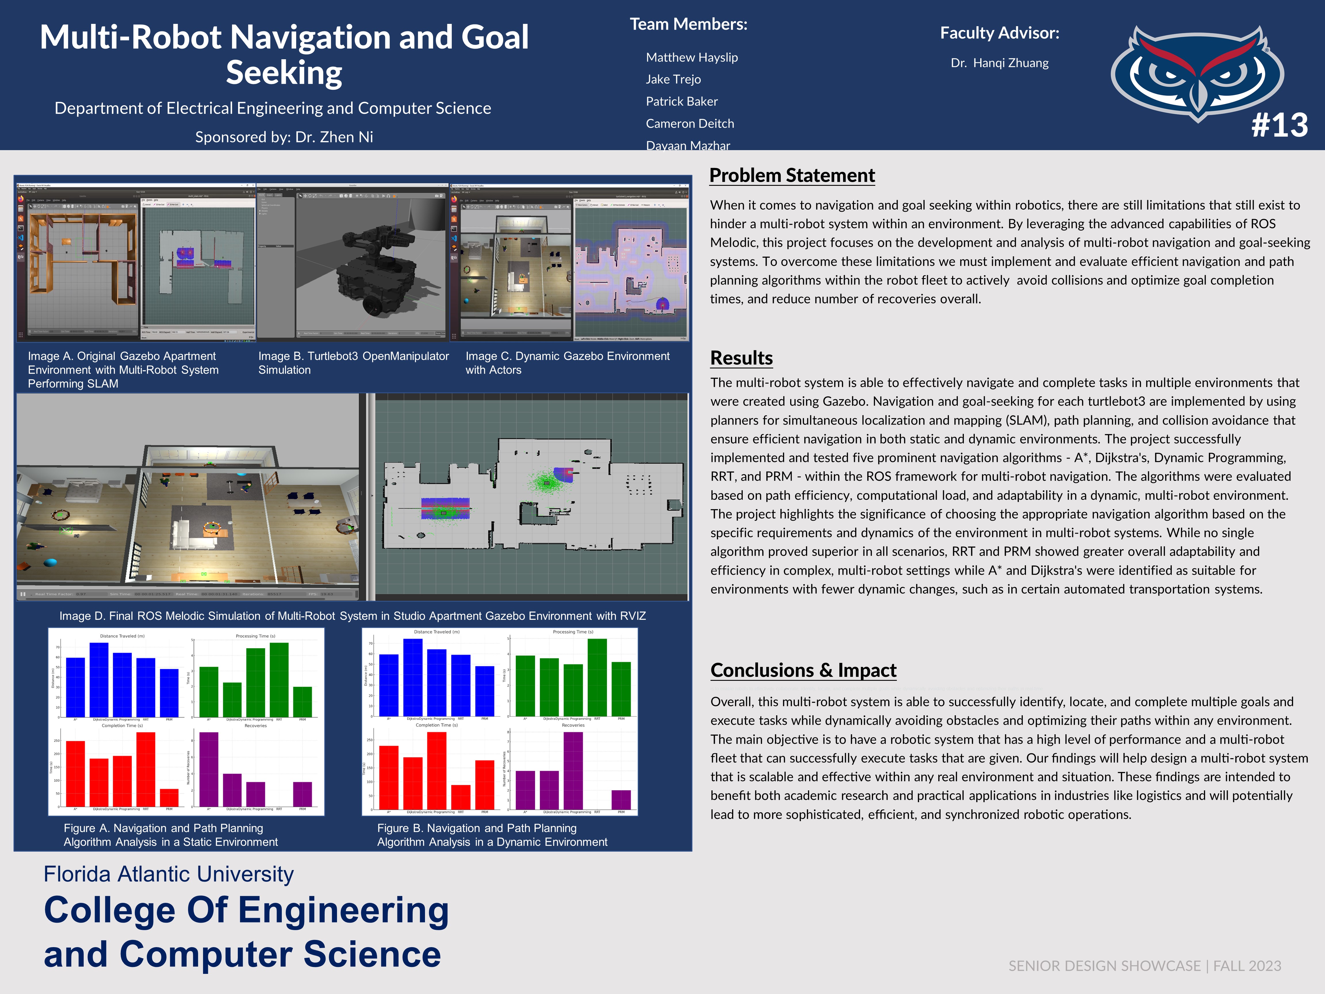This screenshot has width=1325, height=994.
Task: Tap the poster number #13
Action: click(1279, 125)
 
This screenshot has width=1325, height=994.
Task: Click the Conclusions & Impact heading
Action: click(803, 670)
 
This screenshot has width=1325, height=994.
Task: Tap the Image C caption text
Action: click(567, 362)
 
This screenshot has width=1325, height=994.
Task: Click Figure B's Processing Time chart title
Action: click(573, 632)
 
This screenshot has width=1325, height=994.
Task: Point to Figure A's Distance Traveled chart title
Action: click(122, 636)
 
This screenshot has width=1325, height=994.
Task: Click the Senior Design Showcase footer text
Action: click(1144, 966)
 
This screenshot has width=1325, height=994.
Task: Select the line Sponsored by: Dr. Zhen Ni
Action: click(284, 137)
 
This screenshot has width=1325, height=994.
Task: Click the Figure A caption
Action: click(171, 835)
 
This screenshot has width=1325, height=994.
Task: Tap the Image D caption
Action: click(352, 616)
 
